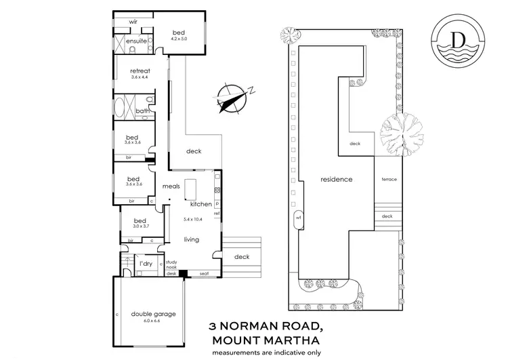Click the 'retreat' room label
(140, 71)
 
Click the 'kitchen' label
(200, 204)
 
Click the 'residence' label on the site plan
(337, 180)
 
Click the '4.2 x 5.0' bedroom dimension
(179, 40)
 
